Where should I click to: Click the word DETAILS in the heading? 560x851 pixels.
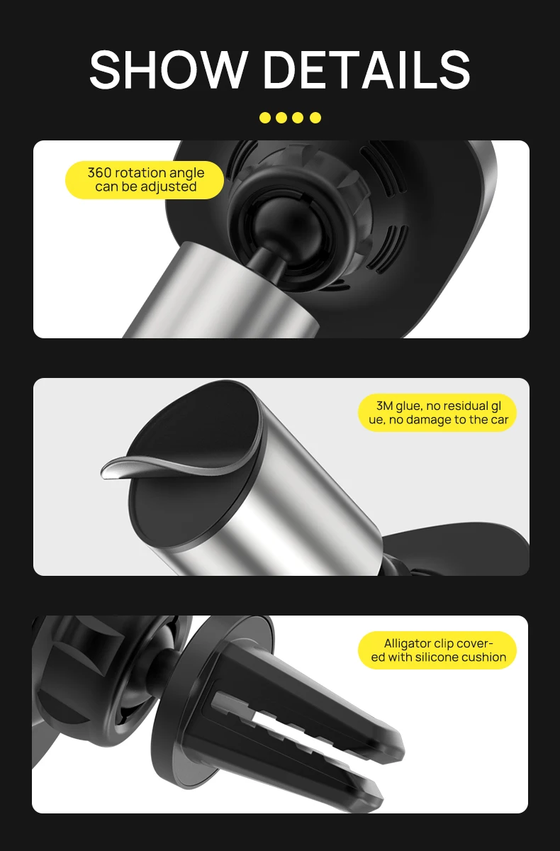point(366,70)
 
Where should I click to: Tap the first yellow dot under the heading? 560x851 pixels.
point(265,118)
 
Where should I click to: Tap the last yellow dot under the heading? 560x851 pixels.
point(315,118)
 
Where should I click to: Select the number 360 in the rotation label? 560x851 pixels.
point(99,173)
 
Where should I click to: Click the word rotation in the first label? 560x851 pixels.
point(141,173)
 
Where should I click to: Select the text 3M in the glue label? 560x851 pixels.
point(385,406)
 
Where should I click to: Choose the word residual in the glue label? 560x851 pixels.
point(461,406)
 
